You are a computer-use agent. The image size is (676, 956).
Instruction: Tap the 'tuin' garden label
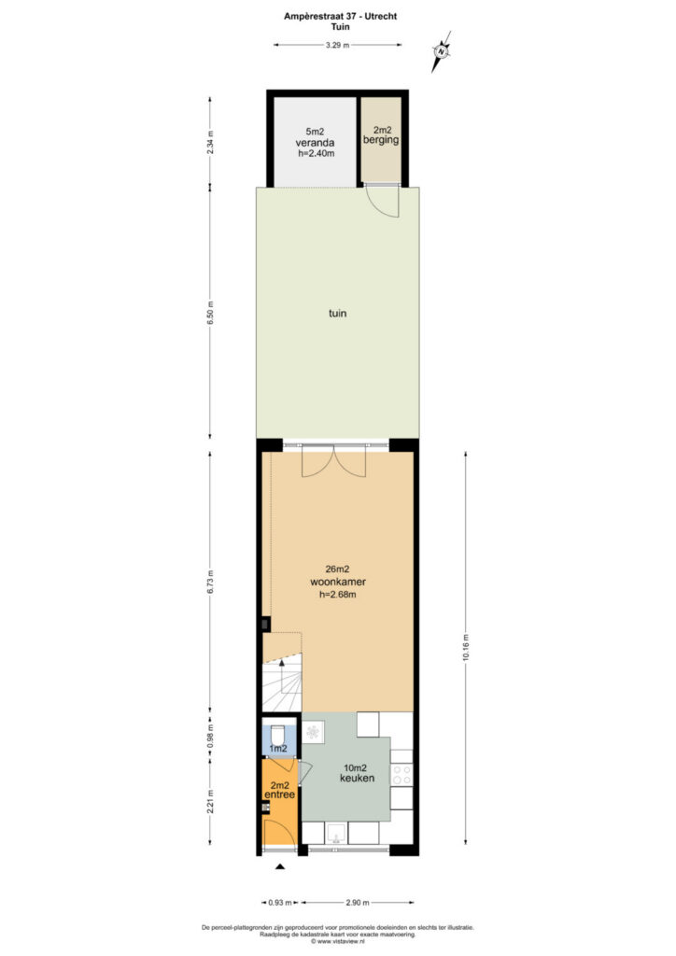click(x=338, y=314)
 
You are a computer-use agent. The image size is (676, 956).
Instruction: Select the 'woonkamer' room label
click(x=338, y=583)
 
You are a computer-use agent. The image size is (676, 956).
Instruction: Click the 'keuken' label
click(x=358, y=778)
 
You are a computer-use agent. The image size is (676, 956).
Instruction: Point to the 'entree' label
click(x=280, y=795)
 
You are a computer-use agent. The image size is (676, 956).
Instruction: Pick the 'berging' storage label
click(x=381, y=140)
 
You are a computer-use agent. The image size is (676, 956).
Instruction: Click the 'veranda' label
click(x=316, y=143)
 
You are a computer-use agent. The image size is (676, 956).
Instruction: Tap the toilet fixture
click(x=280, y=732)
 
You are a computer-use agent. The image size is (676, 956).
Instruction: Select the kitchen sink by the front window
click(x=336, y=833)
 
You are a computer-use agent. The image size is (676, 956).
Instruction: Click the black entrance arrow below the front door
click(x=280, y=866)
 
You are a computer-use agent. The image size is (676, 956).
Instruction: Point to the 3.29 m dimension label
click(x=338, y=45)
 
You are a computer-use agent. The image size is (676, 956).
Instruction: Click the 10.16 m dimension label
click(x=466, y=648)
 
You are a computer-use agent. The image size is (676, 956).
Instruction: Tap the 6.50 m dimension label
click(x=210, y=313)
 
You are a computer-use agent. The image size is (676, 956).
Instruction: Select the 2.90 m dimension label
click(x=358, y=903)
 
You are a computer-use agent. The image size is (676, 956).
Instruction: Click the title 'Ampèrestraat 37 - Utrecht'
click(x=340, y=17)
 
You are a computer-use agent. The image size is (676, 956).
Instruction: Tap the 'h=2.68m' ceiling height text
click(x=338, y=595)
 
